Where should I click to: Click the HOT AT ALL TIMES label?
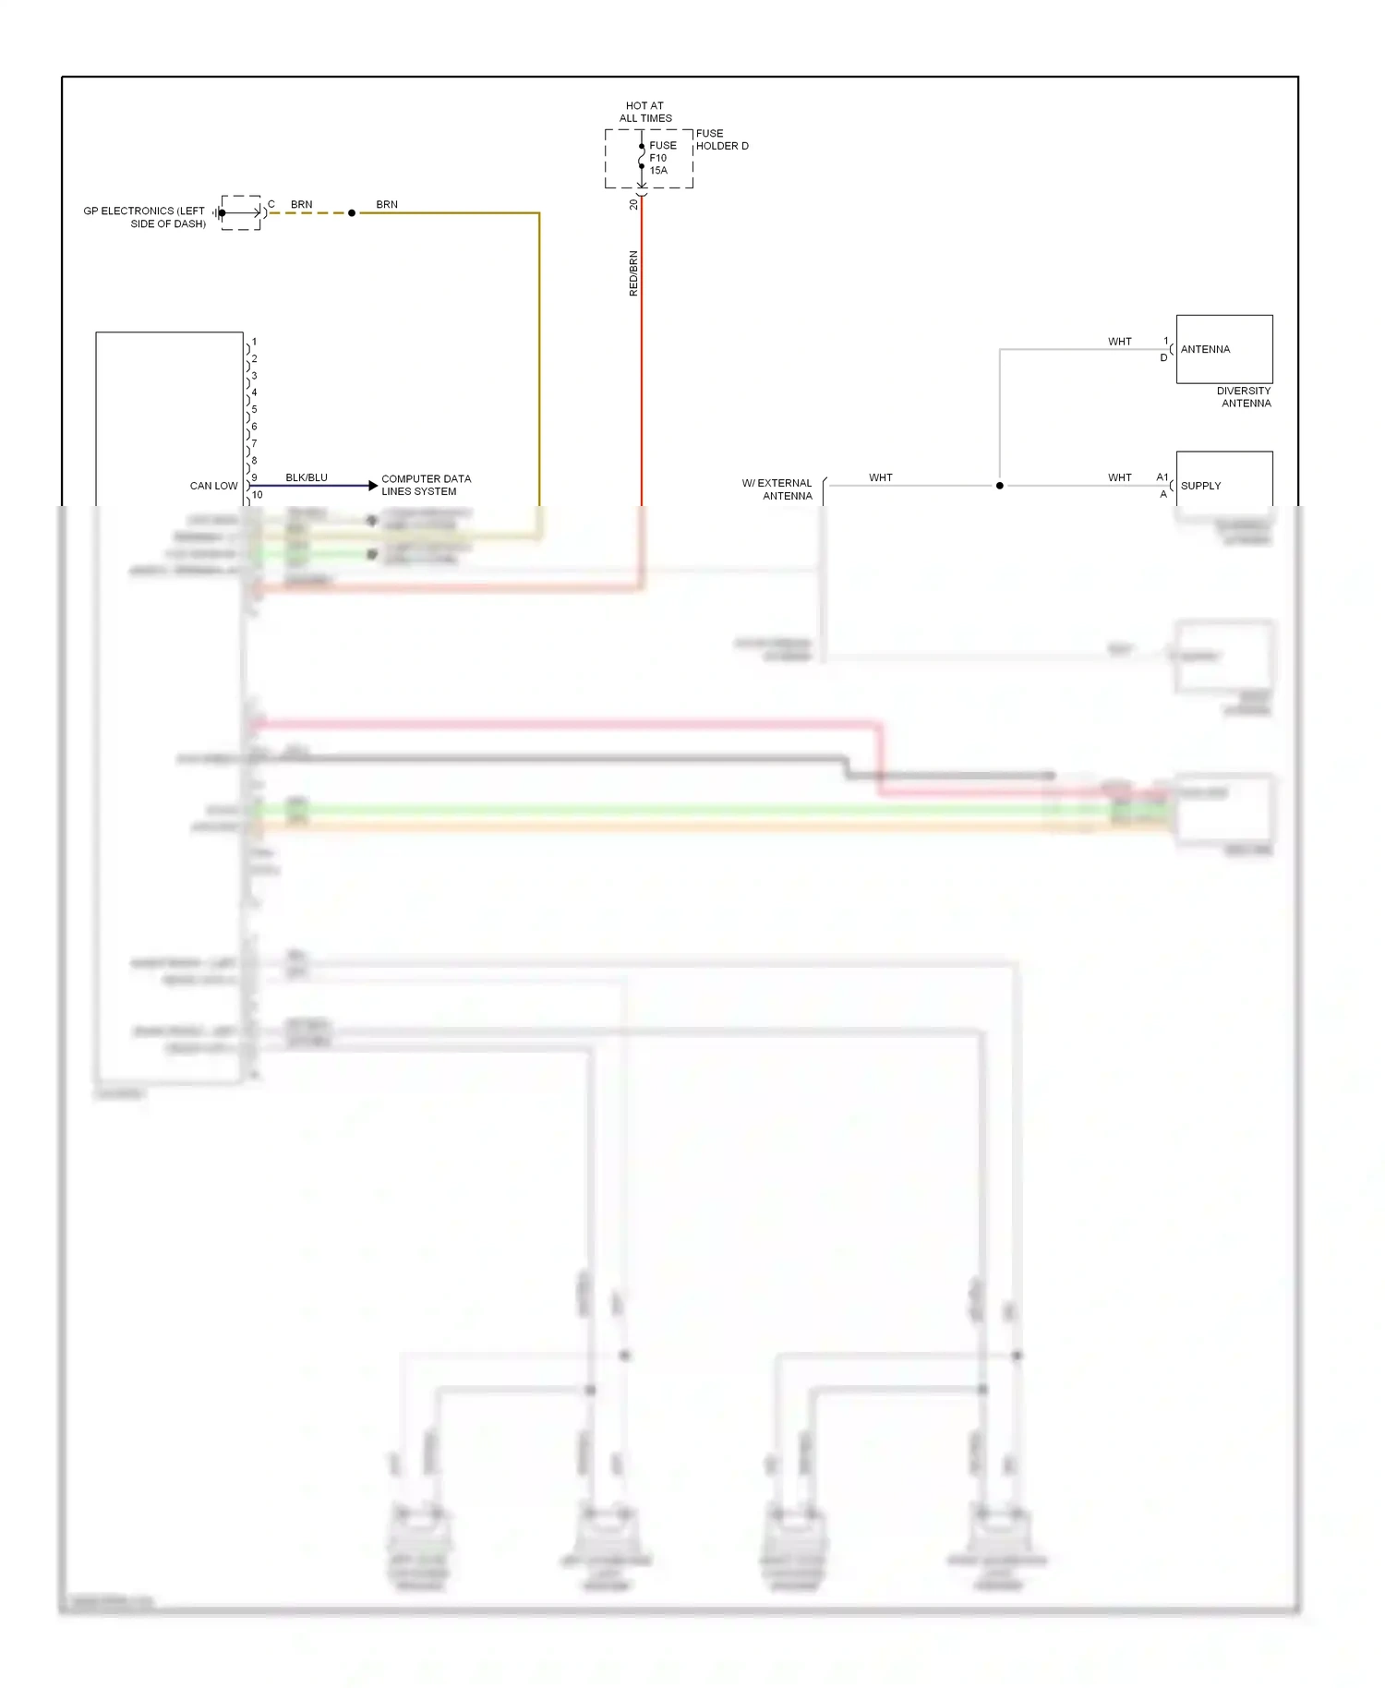pyautogui.click(x=645, y=112)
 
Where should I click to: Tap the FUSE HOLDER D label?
pyautogui.click(x=721, y=139)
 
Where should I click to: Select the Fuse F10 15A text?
pyautogui.click(x=662, y=158)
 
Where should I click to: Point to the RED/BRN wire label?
pyautogui.click(x=633, y=273)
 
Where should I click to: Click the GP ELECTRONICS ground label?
pyautogui.click(x=144, y=217)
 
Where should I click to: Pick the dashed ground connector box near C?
pyautogui.click(x=241, y=212)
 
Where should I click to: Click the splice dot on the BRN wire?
pyautogui.click(x=352, y=213)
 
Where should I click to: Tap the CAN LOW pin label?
pyautogui.click(x=213, y=486)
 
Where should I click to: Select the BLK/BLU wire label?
pyautogui.click(x=307, y=477)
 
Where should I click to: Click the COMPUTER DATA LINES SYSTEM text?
pyautogui.click(x=426, y=485)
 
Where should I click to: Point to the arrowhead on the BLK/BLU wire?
pyautogui.click(x=373, y=486)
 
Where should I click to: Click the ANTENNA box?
pyautogui.click(x=1224, y=349)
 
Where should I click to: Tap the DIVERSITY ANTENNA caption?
pyautogui.click(x=1245, y=397)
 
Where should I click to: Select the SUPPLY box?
pyautogui.click(x=1224, y=480)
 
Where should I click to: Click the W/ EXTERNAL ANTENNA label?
pyautogui.click(x=777, y=489)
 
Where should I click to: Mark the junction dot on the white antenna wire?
pyautogui.click(x=999, y=486)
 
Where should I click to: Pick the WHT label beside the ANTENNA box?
pyautogui.click(x=1119, y=342)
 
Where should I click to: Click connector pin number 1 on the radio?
pyautogui.click(x=255, y=343)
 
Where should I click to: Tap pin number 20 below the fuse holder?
pyautogui.click(x=633, y=205)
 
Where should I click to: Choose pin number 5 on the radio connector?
pyautogui.click(x=255, y=410)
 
